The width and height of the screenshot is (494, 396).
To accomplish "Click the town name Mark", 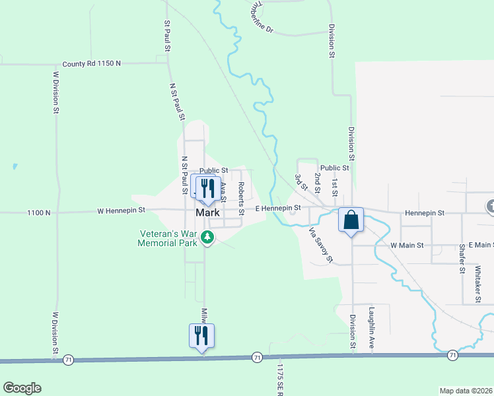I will [207, 213].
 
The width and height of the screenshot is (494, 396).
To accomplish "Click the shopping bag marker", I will [351, 220].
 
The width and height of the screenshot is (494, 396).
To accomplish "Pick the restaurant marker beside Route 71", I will [201, 336].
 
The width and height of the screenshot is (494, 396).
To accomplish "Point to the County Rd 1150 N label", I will [92, 64].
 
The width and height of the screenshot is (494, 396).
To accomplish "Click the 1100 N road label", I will [39, 213].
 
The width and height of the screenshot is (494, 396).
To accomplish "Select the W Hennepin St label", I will [120, 212].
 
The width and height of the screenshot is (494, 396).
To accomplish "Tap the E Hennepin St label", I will [278, 208].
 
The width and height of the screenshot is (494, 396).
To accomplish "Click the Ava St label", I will [224, 193].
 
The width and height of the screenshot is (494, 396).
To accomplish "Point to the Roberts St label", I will [242, 194].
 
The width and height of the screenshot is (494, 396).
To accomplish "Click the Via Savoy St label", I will [321, 245].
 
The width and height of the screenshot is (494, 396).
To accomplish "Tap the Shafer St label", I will [462, 256].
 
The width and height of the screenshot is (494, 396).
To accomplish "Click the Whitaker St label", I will [477, 284].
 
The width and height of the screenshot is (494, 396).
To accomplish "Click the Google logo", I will [22, 388].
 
